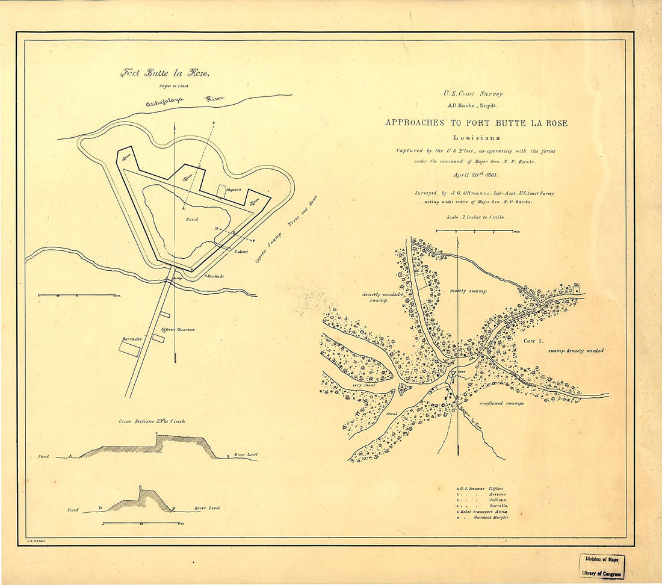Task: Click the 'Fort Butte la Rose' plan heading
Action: pyautogui.click(x=164, y=73)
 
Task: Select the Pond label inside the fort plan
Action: pyautogui.click(x=192, y=220)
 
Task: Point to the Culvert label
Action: pyautogui.click(x=242, y=252)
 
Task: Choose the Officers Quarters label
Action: pyautogui.click(x=178, y=330)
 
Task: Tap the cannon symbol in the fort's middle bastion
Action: pyautogui.click(x=187, y=178)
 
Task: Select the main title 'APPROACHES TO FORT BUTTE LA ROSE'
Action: pyautogui.click(x=475, y=123)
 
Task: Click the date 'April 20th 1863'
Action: pyautogui.click(x=475, y=175)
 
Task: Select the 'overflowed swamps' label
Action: pyautogui.click(x=501, y=403)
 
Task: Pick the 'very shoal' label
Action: pyautogui.click(x=364, y=385)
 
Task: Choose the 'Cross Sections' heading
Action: pyautogui.click(x=152, y=421)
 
